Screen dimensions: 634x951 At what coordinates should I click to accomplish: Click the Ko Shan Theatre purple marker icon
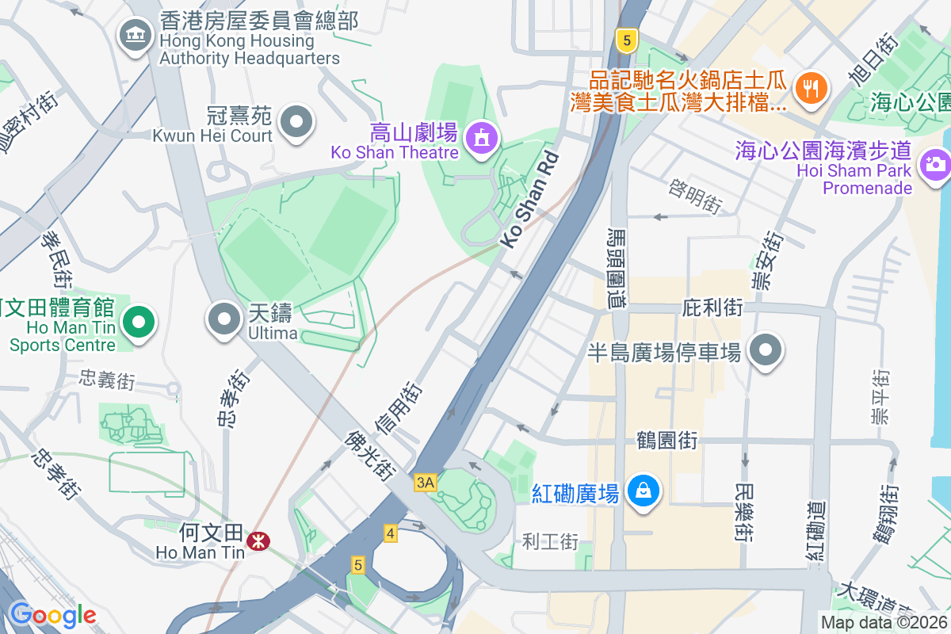(481, 139)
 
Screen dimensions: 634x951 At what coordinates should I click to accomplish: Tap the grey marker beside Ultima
(223, 319)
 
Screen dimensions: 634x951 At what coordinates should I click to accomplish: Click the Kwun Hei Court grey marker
(297, 122)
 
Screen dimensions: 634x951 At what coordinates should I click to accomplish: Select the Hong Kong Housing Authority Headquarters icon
(136, 35)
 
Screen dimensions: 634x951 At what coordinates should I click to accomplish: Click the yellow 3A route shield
(425, 482)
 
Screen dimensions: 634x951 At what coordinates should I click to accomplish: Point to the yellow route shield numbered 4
(389, 533)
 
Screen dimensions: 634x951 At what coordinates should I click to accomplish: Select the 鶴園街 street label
(667, 440)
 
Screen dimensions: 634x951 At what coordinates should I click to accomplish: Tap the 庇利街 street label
(712, 307)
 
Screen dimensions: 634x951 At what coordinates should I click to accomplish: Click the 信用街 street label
(399, 409)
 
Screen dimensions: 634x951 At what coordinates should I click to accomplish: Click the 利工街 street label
(551, 542)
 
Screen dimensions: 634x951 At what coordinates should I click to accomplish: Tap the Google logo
(53, 615)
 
